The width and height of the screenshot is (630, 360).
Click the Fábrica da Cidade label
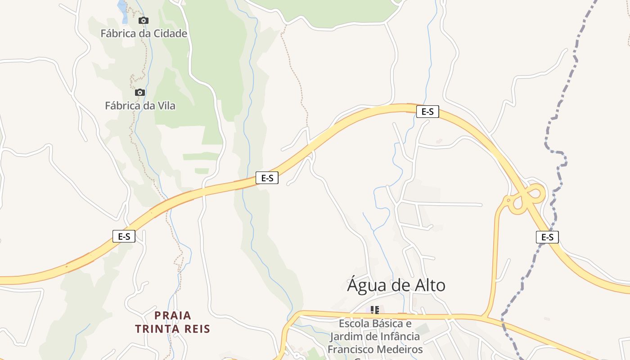(x=144, y=33)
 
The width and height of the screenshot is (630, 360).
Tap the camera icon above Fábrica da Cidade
(x=144, y=20)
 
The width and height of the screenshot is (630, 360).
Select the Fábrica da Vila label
(x=140, y=106)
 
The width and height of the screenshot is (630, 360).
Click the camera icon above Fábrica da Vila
(x=140, y=92)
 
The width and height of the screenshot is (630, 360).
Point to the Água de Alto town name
(x=396, y=285)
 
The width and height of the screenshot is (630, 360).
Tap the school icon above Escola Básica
(x=374, y=310)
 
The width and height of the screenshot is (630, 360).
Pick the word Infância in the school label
(x=399, y=336)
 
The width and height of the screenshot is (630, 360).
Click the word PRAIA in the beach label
(x=173, y=315)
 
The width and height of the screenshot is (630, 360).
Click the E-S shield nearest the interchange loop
(x=547, y=237)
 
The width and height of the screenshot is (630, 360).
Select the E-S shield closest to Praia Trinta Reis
(x=124, y=236)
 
